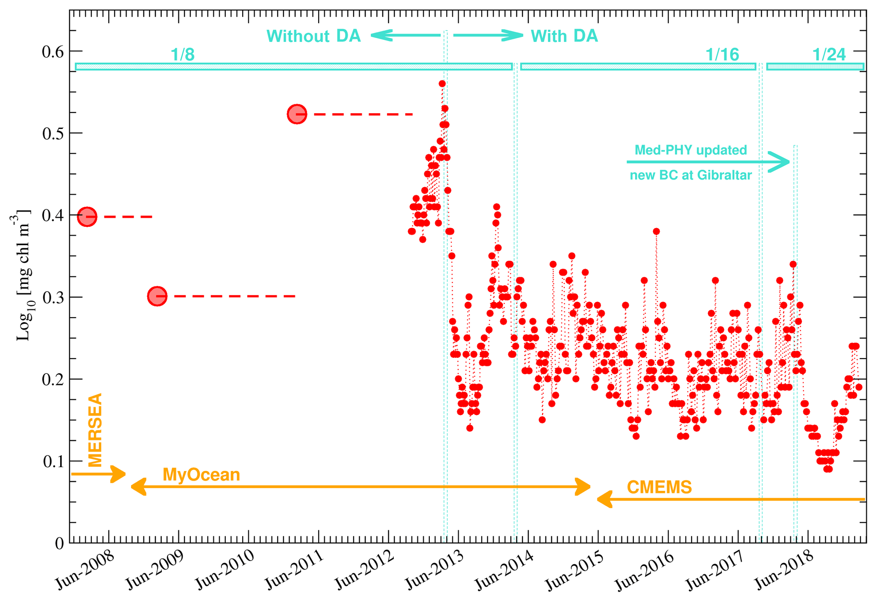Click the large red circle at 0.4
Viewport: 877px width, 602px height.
pyautogui.click(x=87, y=217)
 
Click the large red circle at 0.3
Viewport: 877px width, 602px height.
pyautogui.click(x=157, y=296)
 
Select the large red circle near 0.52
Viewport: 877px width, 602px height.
pyautogui.click(x=297, y=114)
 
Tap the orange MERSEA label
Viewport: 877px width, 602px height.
pyautogui.click(x=95, y=430)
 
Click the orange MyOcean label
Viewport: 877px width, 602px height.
pyautogui.click(x=201, y=474)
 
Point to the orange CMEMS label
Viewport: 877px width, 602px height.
pyautogui.click(x=659, y=487)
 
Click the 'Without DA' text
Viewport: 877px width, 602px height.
pyautogui.click(x=314, y=36)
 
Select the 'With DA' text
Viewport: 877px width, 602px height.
pyautogui.click(x=564, y=36)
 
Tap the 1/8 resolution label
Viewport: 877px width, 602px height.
pyautogui.click(x=182, y=55)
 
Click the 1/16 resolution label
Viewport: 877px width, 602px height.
pyautogui.click(x=722, y=55)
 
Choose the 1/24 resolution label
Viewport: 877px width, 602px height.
pyautogui.click(x=829, y=55)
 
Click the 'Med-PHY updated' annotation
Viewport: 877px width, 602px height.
pyautogui.click(x=690, y=150)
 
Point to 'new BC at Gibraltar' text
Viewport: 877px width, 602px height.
pyautogui.click(x=690, y=175)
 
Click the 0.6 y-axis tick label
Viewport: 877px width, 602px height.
pyautogui.click(x=53, y=52)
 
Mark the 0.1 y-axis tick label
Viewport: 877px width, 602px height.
pyautogui.click(x=53, y=461)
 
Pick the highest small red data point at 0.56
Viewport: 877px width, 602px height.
pyautogui.click(x=442, y=84)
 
